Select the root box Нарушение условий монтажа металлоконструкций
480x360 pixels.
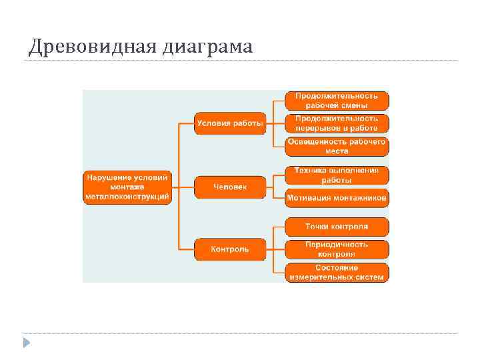coord(127,187)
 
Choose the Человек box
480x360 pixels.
coord(230,187)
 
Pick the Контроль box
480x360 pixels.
coord(230,249)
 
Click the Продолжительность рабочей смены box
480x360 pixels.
coord(337,101)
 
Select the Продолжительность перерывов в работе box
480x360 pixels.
coord(337,123)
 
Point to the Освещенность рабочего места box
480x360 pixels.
coord(337,147)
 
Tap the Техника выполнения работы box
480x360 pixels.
coord(337,175)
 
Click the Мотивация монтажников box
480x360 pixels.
coord(337,198)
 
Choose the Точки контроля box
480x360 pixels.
coord(337,227)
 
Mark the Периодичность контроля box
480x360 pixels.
coord(337,249)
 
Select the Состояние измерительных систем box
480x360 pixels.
coord(337,272)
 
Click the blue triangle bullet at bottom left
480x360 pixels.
coord(26,343)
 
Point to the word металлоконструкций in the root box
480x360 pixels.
coord(127,197)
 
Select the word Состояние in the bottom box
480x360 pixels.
coord(337,267)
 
